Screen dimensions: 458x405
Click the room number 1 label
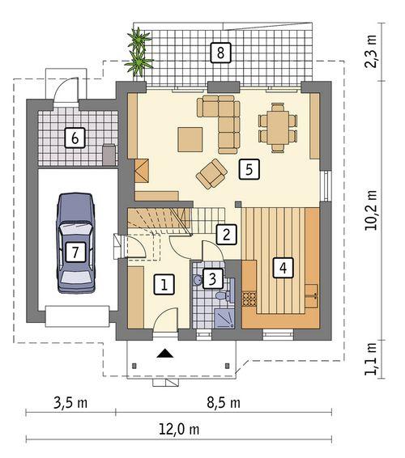click(x=164, y=284)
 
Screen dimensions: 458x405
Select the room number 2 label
click(x=227, y=235)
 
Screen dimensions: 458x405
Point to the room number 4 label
click(x=282, y=267)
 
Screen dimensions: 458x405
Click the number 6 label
click(x=75, y=138)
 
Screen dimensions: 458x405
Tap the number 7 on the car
click(x=75, y=252)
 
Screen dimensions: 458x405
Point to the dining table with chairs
click(x=278, y=127)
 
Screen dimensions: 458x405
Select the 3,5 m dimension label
click(x=70, y=402)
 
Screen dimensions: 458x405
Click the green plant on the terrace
click(x=140, y=50)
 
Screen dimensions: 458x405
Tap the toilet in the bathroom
click(x=198, y=280)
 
